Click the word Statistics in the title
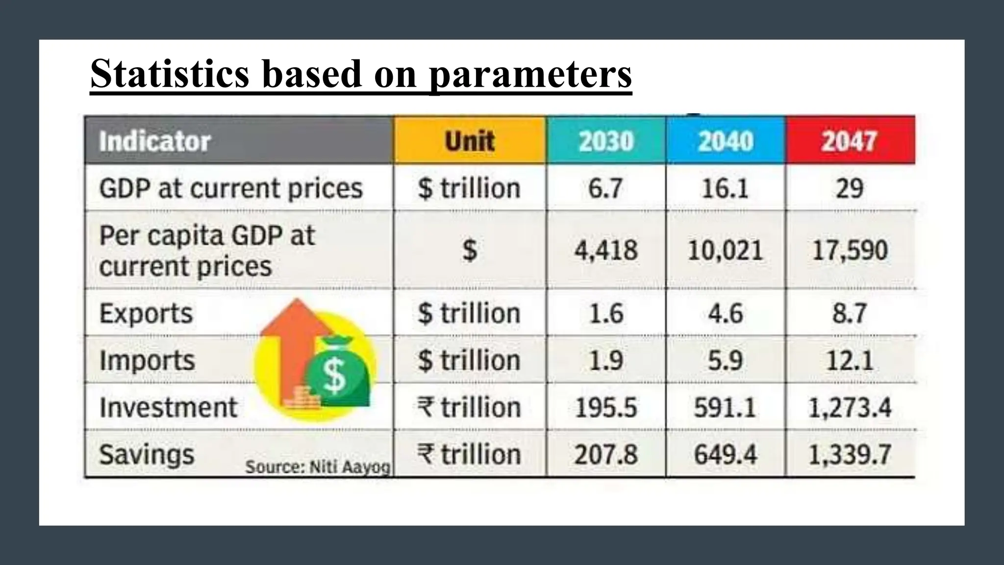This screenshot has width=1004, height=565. pyautogui.click(x=170, y=74)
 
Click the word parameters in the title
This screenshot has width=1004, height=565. pyautogui.click(x=530, y=74)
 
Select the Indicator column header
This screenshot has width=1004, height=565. pyautogui.click(x=155, y=141)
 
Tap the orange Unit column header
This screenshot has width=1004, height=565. pyautogui.click(x=470, y=141)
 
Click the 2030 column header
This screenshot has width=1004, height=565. pyautogui.click(x=606, y=141)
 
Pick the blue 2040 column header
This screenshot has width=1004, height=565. pyautogui.click(x=726, y=141)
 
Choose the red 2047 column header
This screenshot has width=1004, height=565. pyautogui.click(x=849, y=141)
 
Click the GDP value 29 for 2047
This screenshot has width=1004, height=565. pyautogui.click(x=849, y=188)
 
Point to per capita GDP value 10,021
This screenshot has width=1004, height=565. pyautogui.click(x=726, y=250)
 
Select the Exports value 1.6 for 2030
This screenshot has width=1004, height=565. pyautogui.click(x=606, y=313)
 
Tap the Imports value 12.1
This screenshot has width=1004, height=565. pyautogui.click(x=849, y=360)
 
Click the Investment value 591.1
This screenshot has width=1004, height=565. pyautogui.click(x=726, y=408)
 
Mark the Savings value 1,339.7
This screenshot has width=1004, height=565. pyautogui.click(x=849, y=455)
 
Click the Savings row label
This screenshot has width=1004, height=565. pyautogui.click(x=147, y=455)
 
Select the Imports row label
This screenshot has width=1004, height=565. pyautogui.click(x=147, y=360)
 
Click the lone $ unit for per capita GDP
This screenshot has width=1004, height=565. pyautogui.click(x=470, y=250)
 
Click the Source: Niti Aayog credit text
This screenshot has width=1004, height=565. pyautogui.click(x=318, y=467)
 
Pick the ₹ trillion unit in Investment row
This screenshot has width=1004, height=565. pyautogui.click(x=469, y=408)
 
